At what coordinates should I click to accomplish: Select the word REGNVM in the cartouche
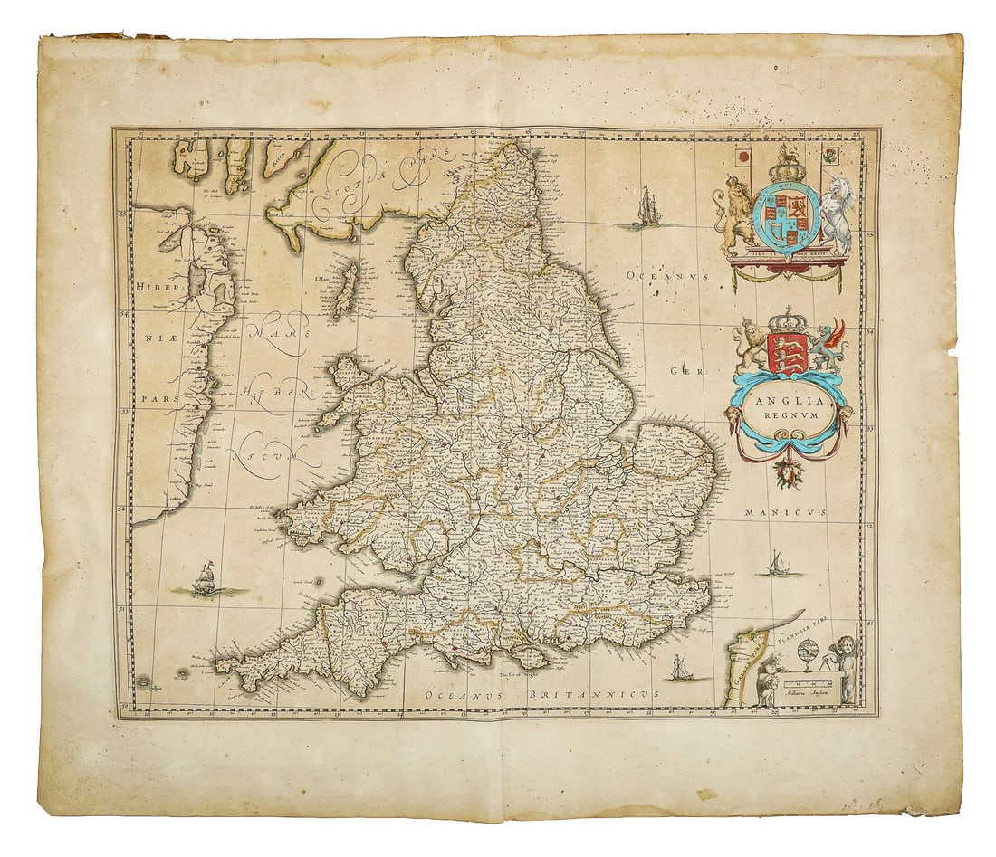pyautogui.click(x=789, y=416)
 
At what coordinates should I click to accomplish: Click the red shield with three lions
pyautogui.click(x=788, y=352)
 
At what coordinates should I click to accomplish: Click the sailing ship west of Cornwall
pyautogui.click(x=205, y=578)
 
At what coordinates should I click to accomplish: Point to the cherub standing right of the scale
pyautogui.click(x=845, y=665)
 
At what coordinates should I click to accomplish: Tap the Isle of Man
pyautogui.click(x=346, y=289)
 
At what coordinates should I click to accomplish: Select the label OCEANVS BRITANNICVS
pyautogui.click(x=541, y=692)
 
